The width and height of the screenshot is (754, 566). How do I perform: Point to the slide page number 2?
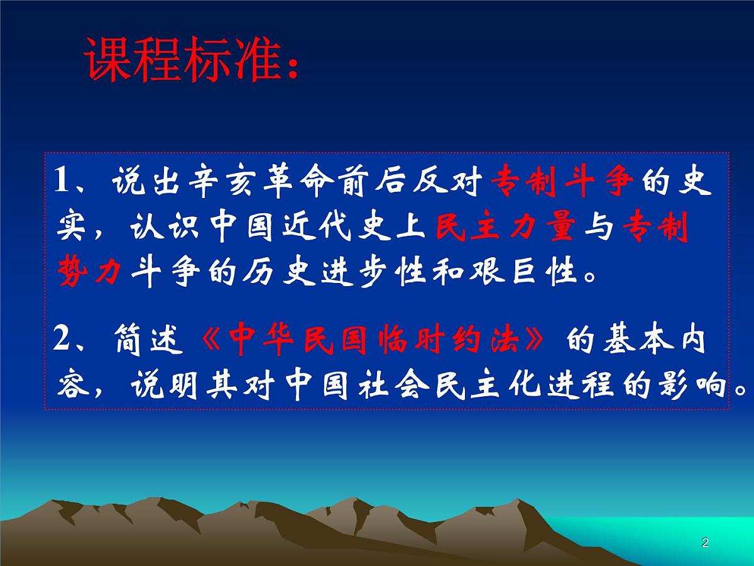coord(704,543)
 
